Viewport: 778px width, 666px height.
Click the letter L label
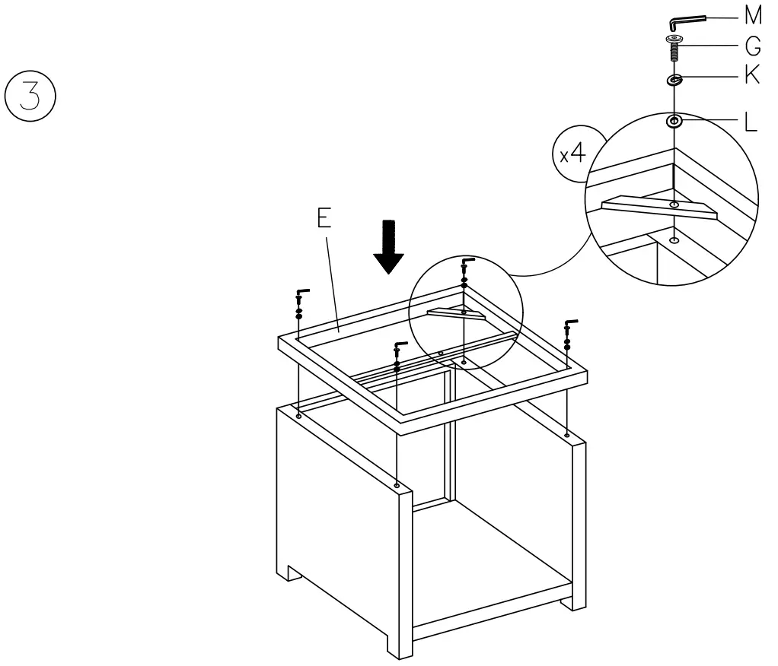750,122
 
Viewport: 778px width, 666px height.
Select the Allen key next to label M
686,19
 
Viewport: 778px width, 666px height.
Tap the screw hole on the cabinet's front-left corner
397,484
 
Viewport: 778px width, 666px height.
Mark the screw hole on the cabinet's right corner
567,435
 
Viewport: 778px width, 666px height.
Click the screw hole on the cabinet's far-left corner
298,416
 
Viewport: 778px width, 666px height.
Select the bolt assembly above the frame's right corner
568,335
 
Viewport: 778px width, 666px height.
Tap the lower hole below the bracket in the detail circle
673,240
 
